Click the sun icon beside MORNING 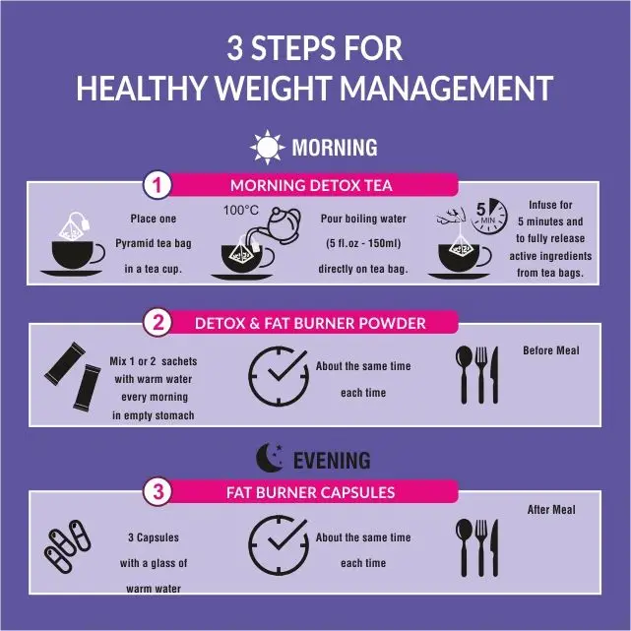[x=267, y=148]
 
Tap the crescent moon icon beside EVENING [x=270, y=458]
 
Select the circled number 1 [x=158, y=185]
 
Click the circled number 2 [x=158, y=323]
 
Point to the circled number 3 [x=158, y=491]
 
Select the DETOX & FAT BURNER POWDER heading [x=310, y=323]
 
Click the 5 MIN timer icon [x=486, y=218]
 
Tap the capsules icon [x=67, y=546]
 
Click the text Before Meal [x=551, y=350]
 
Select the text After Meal [x=551, y=510]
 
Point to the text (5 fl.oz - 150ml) [x=360, y=243]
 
